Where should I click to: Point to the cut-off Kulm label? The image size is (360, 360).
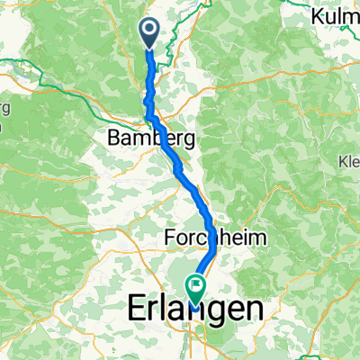334,15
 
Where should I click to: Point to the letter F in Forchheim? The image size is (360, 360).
171,238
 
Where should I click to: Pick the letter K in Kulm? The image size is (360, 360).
316,15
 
